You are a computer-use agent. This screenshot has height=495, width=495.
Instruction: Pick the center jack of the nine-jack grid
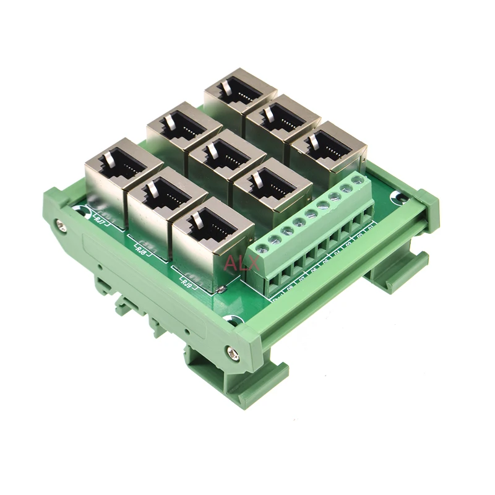pos(226,157)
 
